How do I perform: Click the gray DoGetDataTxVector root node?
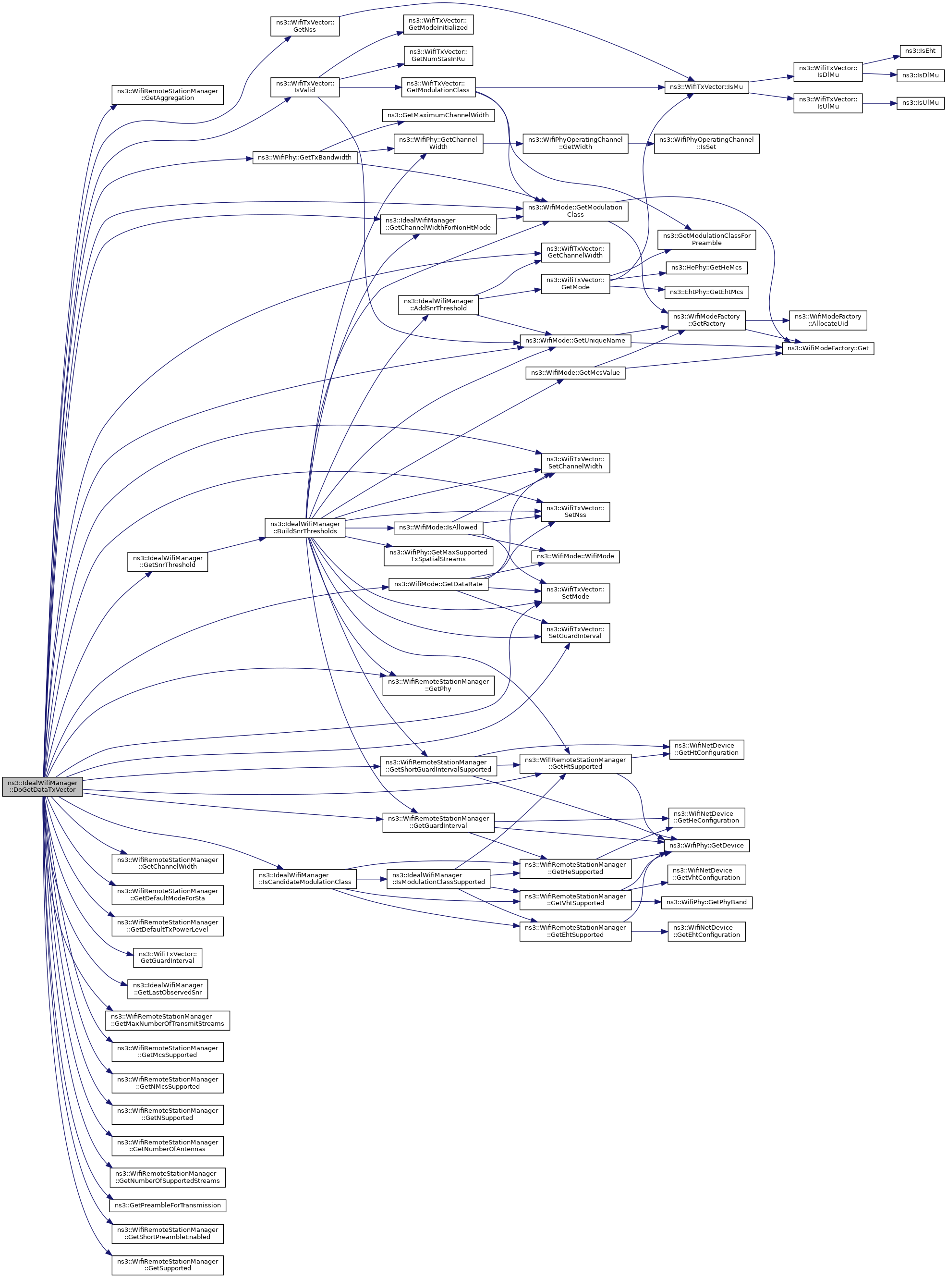click(42, 786)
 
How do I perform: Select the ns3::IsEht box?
click(920, 51)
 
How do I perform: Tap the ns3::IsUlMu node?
click(920, 103)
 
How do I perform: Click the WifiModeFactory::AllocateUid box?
click(827, 320)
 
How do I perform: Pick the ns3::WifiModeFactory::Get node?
click(827, 348)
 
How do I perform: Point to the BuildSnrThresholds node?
click(304, 528)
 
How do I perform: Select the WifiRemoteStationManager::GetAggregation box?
click(168, 95)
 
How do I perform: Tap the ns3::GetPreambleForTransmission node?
click(168, 1205)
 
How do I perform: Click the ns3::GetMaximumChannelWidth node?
click(438, 115)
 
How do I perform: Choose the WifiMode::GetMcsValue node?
click(575, 373)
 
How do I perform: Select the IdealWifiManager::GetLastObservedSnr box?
click(168, 988)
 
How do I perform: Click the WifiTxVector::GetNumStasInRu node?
click(438, 56)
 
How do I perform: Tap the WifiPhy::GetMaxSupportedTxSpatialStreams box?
click(438, 555)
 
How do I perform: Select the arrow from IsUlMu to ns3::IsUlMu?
click(879, 103)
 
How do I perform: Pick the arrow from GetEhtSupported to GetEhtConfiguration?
click(649, 932)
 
